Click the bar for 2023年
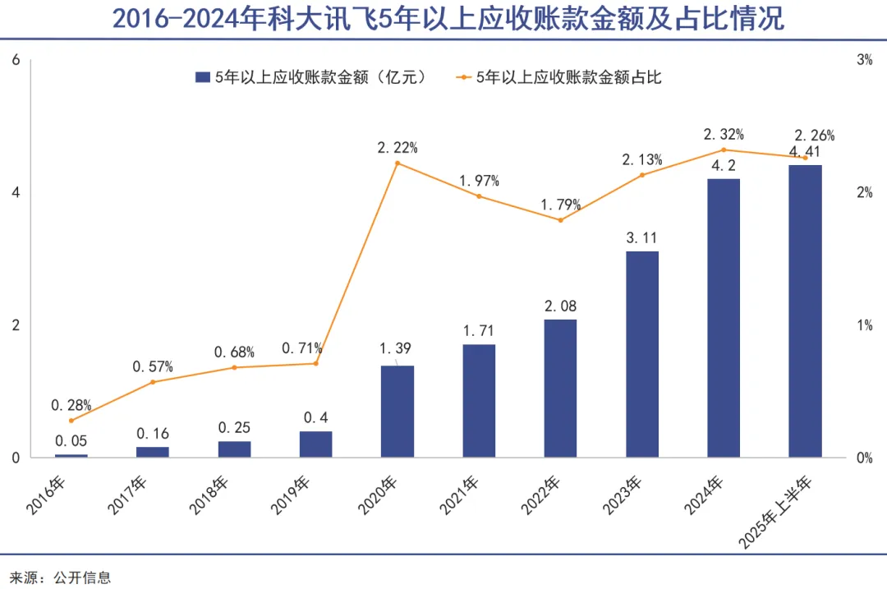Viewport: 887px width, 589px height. (x=641, y=354)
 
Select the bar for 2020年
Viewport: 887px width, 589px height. (x=398, y=411)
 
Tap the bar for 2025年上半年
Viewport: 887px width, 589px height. (x=805, y=311)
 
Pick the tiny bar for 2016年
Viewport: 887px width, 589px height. (x=71, y=455)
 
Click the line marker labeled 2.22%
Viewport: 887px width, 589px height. (x=398, y=163)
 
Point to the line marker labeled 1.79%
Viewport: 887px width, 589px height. (x=560, y=220)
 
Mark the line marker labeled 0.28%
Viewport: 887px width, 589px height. (x=71, y=421)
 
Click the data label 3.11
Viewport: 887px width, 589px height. (x=641, y=237)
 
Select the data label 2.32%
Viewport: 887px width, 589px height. (x=724, y=134)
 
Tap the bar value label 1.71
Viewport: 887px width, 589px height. (x=479, y=331)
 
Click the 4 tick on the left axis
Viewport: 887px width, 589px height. (x=16, y=192)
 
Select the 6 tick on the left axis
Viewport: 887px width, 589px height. (x=16, y=60)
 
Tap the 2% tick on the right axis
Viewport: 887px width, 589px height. (x=864, y=192)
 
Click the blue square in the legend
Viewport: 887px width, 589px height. (x=201, y=77)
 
